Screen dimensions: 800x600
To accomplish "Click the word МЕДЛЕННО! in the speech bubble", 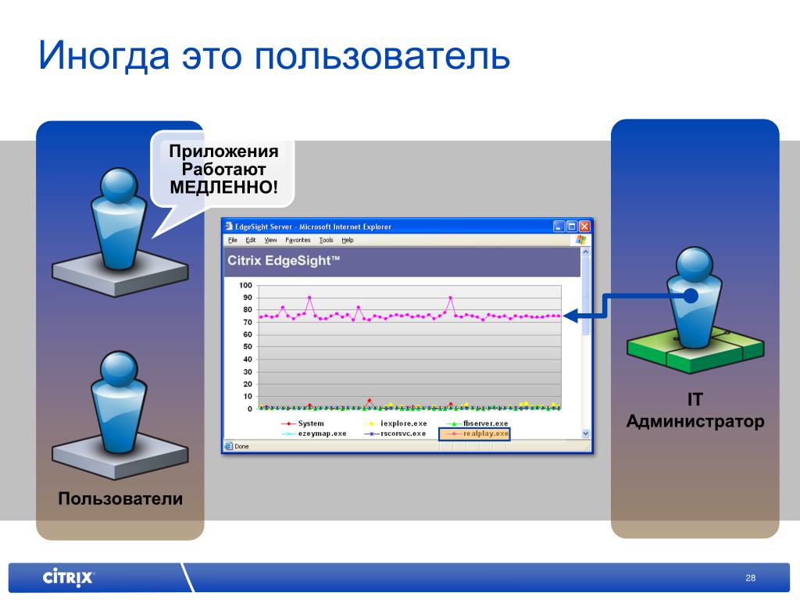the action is [x=224, y=187].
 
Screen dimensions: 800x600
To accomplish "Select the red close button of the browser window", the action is [x=584, y=226].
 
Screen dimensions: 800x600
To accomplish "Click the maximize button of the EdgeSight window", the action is [x=572, y=226].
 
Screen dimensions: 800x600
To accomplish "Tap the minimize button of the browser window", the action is [x=559, y=226].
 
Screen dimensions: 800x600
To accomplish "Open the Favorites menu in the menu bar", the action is [x=298, y=240].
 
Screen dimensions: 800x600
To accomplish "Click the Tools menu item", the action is [x=326, y=240].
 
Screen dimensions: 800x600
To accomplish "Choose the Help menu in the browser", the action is [x=348, y=240].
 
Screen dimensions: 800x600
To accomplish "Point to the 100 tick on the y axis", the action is [x=245, y=285].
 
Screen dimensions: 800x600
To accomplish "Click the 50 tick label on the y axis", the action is [x=248, y=347].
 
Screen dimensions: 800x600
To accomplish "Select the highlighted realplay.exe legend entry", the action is [x=474, y=434].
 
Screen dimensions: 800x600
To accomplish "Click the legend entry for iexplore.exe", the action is [x=396, y=423].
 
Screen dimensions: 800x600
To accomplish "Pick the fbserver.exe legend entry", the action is [x=477, y=423].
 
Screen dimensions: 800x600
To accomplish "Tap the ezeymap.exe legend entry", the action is [x=315, y=434].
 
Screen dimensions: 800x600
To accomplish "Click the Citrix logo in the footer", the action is [x=69, y=577].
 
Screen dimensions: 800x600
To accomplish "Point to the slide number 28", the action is [x=751, y=578].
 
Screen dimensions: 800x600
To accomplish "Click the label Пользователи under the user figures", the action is [x=120, y=498].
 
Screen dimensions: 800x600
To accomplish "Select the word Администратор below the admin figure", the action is [x=695, y=421].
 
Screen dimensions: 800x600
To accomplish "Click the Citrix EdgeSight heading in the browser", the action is [x=284, y=261].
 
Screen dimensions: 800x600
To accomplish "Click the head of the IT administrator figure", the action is [x=694, y=264].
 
